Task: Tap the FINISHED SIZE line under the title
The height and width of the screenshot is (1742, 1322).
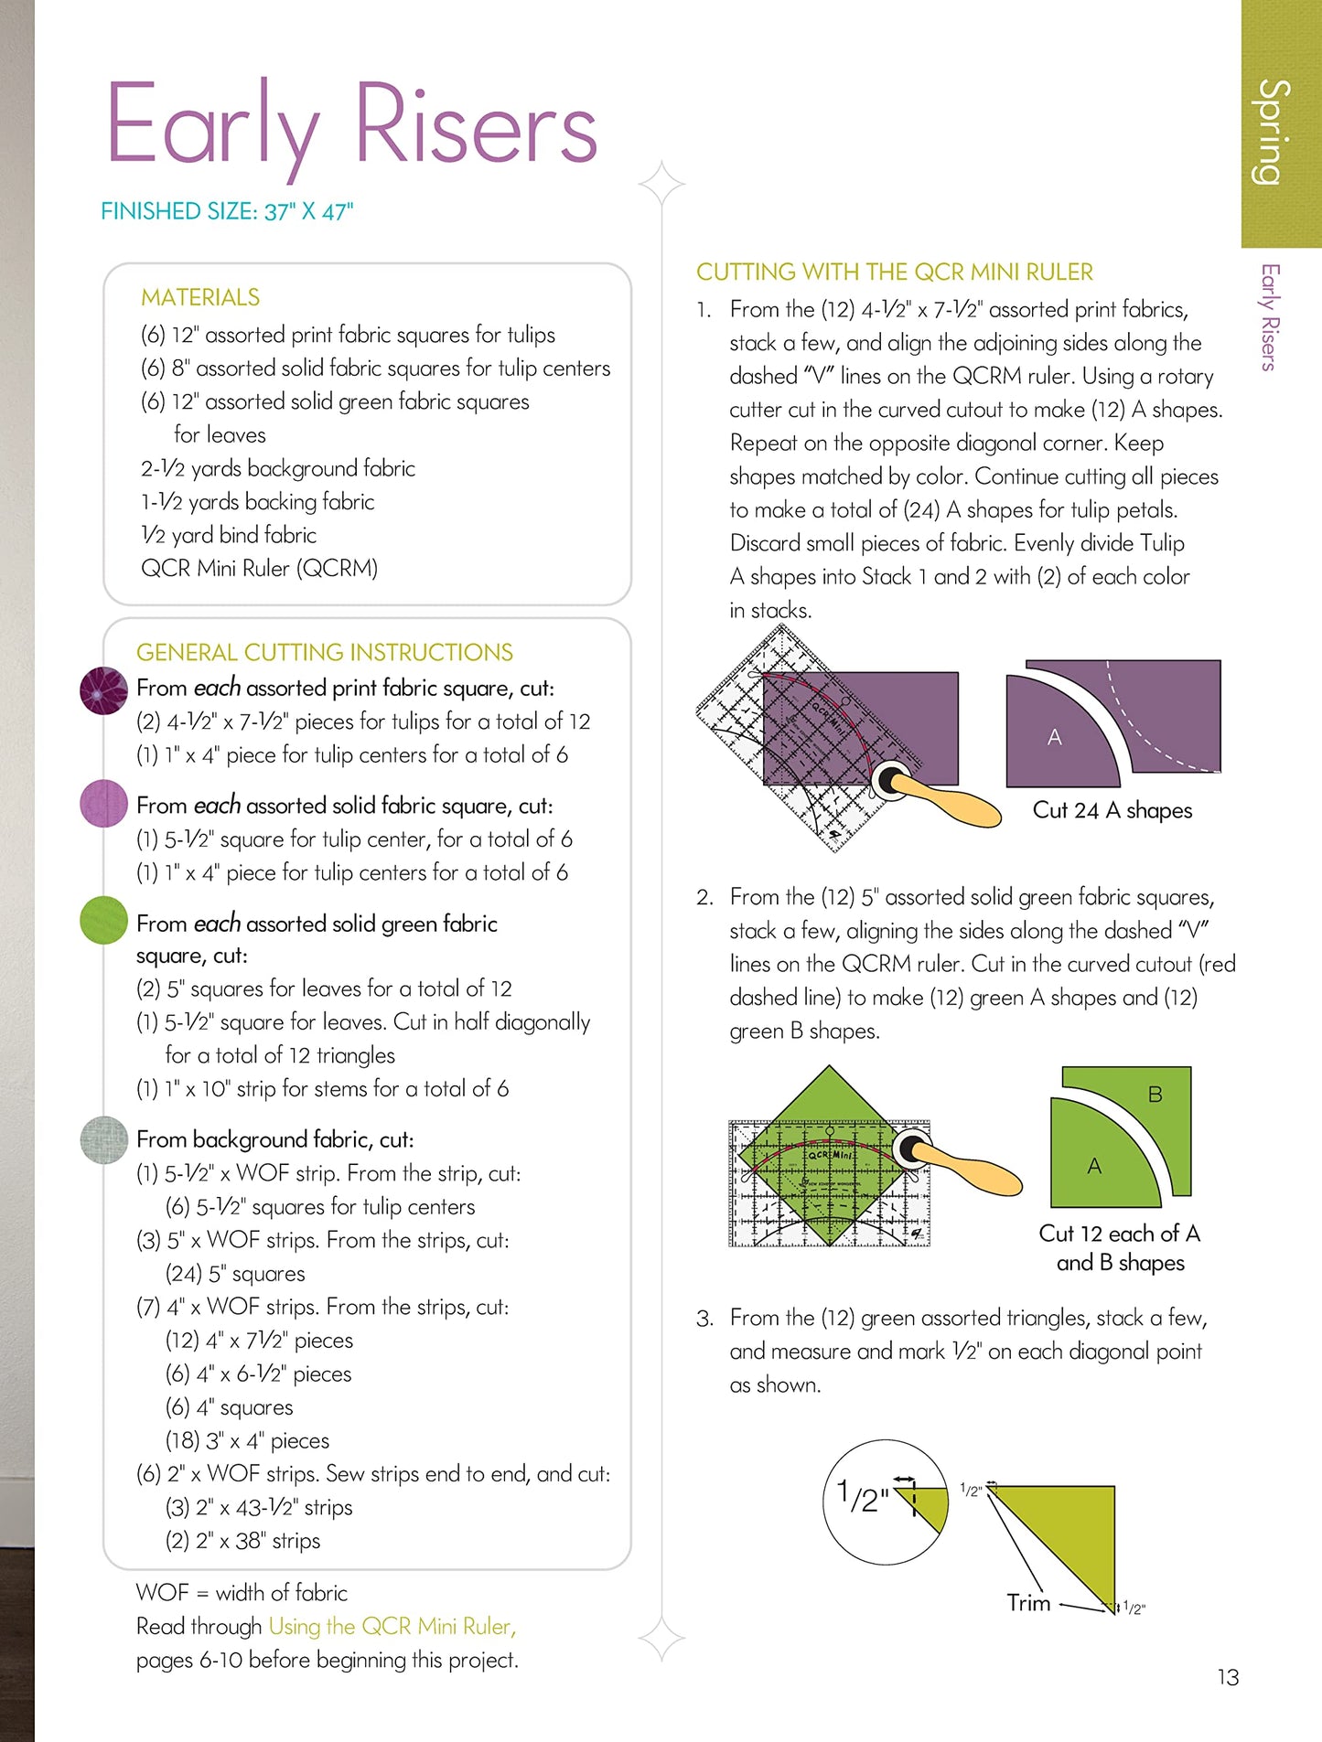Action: [226, 211]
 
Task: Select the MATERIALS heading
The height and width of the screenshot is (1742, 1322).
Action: [200, 297]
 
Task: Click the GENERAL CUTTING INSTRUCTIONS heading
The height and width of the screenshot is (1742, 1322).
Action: [324, 652]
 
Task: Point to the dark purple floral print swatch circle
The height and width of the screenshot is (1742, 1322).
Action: [103, 690]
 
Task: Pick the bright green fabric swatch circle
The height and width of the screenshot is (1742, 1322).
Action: [103, 920]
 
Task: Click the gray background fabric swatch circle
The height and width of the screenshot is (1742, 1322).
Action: [103, 1139]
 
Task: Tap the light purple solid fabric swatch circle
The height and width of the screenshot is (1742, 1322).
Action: [103, 804]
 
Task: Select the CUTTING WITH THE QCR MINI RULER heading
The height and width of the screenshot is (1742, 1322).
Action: [894, 272]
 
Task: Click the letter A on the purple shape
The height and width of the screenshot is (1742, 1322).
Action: [1054, 737]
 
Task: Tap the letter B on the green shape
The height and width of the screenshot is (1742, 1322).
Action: [1155, 1094]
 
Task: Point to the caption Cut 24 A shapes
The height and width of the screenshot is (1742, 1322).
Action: [1112, 810]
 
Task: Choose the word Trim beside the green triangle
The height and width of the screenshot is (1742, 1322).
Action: [1028, 1602]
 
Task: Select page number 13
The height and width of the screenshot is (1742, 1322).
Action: [1228, 1677]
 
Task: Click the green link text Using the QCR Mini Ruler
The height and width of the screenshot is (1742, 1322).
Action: [392, 1626]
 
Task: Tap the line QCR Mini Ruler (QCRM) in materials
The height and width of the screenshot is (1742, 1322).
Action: [259, 568]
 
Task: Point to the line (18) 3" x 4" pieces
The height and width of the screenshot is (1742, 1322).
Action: [247, 1440]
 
